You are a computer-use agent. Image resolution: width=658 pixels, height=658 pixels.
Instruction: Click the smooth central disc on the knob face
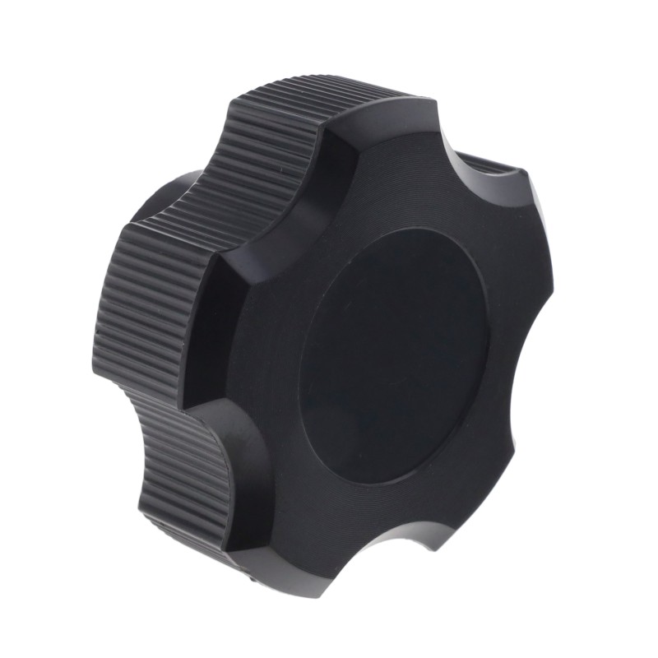point(395,354)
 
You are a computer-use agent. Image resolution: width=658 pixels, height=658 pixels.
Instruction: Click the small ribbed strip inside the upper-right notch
point(502,169)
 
